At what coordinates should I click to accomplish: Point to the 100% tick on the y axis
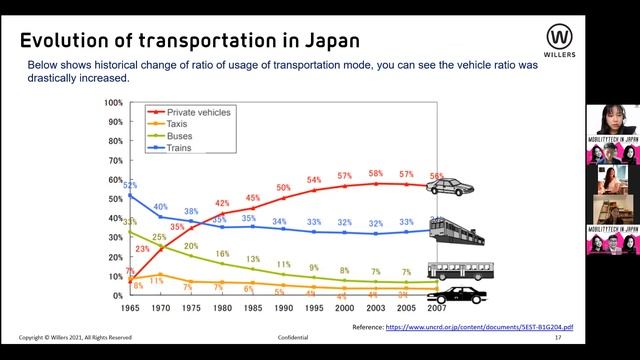click(112, 103)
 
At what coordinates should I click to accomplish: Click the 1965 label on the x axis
click(129, 307)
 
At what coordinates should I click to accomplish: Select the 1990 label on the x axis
click(283, 307)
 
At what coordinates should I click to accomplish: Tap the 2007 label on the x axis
click(436, 307)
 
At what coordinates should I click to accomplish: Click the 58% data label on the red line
click(375, 173)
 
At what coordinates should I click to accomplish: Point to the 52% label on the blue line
click(130, 186)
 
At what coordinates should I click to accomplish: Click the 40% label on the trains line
click(160, 207)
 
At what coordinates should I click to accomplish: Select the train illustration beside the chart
click(458, 233)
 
